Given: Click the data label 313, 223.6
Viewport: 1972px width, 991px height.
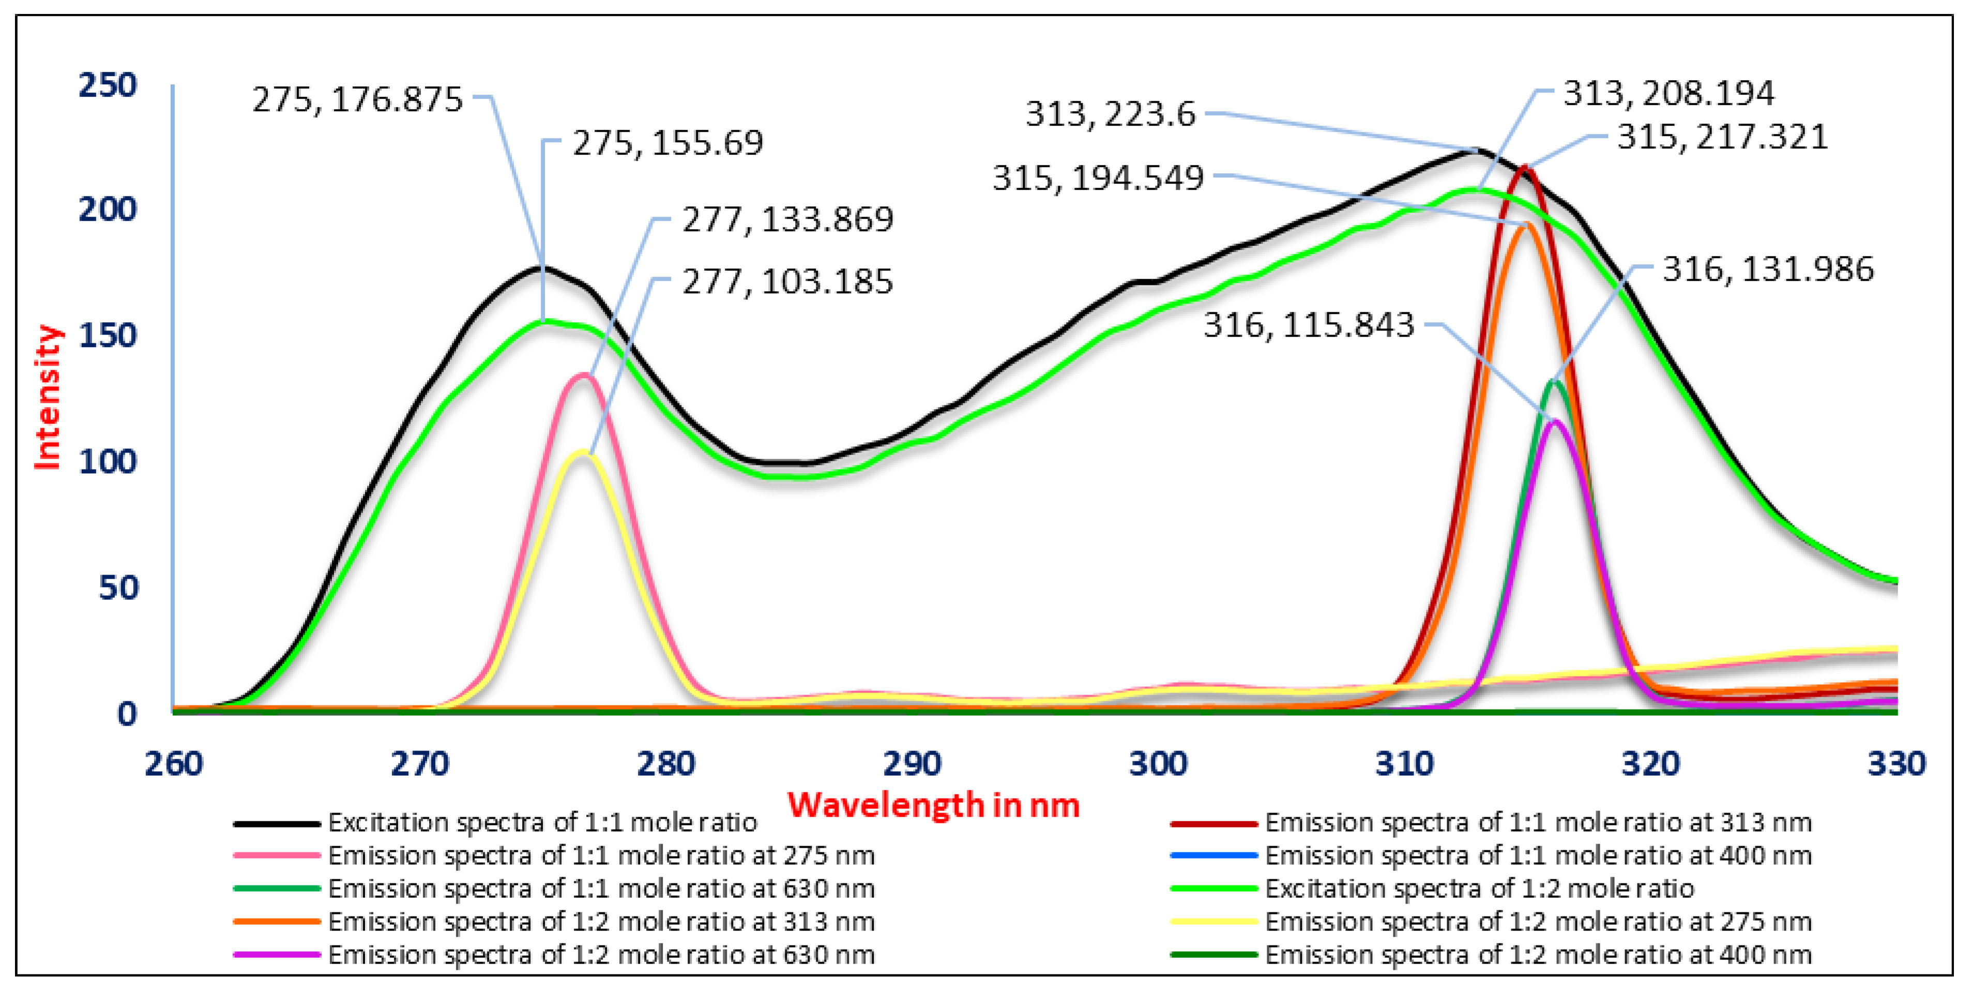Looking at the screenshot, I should click(1110, 114).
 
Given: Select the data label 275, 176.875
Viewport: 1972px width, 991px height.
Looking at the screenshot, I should click(357, 99).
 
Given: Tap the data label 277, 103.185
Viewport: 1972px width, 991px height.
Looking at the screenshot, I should click(787, 282).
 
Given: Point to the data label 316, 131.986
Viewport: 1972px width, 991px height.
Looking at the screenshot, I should click(1768, 269).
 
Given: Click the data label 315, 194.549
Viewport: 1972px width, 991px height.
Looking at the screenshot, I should click(1098, 178).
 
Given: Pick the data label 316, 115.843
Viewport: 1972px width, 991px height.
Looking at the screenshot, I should click(1308, 325).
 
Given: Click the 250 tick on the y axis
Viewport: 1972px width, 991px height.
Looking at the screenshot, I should click(108, 85).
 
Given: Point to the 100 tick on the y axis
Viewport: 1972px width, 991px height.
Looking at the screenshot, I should click(108, 462).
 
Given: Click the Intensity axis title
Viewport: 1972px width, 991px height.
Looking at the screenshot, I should click(48, 397).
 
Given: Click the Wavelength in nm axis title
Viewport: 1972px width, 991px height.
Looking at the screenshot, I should click(933, 805).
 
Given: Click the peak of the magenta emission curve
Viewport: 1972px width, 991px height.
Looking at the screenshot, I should click(1555, 421).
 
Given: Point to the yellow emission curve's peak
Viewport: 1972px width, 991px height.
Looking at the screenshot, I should click(583, 452).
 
